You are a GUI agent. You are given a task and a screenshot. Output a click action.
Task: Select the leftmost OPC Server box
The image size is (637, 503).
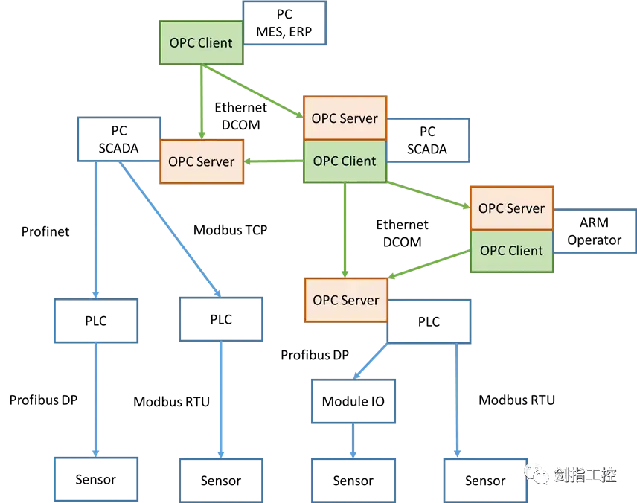tap(202, 161)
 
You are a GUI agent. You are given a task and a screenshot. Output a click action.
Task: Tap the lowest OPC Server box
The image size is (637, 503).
tap(346, 301)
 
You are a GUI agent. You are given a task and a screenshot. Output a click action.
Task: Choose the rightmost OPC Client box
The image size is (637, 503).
tap(511, 251)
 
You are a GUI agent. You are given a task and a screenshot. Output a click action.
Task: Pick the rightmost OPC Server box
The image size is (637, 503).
tap(511, 208)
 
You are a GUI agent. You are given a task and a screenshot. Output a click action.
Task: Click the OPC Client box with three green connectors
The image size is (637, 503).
tap(345, 161)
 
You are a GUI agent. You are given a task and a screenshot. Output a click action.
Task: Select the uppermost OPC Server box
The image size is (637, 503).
tap(345, 118)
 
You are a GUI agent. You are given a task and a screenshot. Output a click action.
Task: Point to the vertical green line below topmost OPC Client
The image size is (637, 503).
tap(201, 101)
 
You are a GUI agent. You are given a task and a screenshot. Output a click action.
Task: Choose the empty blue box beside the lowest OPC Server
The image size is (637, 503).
tap(432, 321)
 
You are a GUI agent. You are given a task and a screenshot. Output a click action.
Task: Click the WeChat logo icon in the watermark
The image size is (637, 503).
tap(537, 474)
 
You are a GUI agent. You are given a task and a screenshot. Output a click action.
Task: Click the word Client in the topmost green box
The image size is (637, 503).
tap(216, 43)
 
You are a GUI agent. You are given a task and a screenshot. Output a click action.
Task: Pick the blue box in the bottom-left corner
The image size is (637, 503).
tap(97, 478)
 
